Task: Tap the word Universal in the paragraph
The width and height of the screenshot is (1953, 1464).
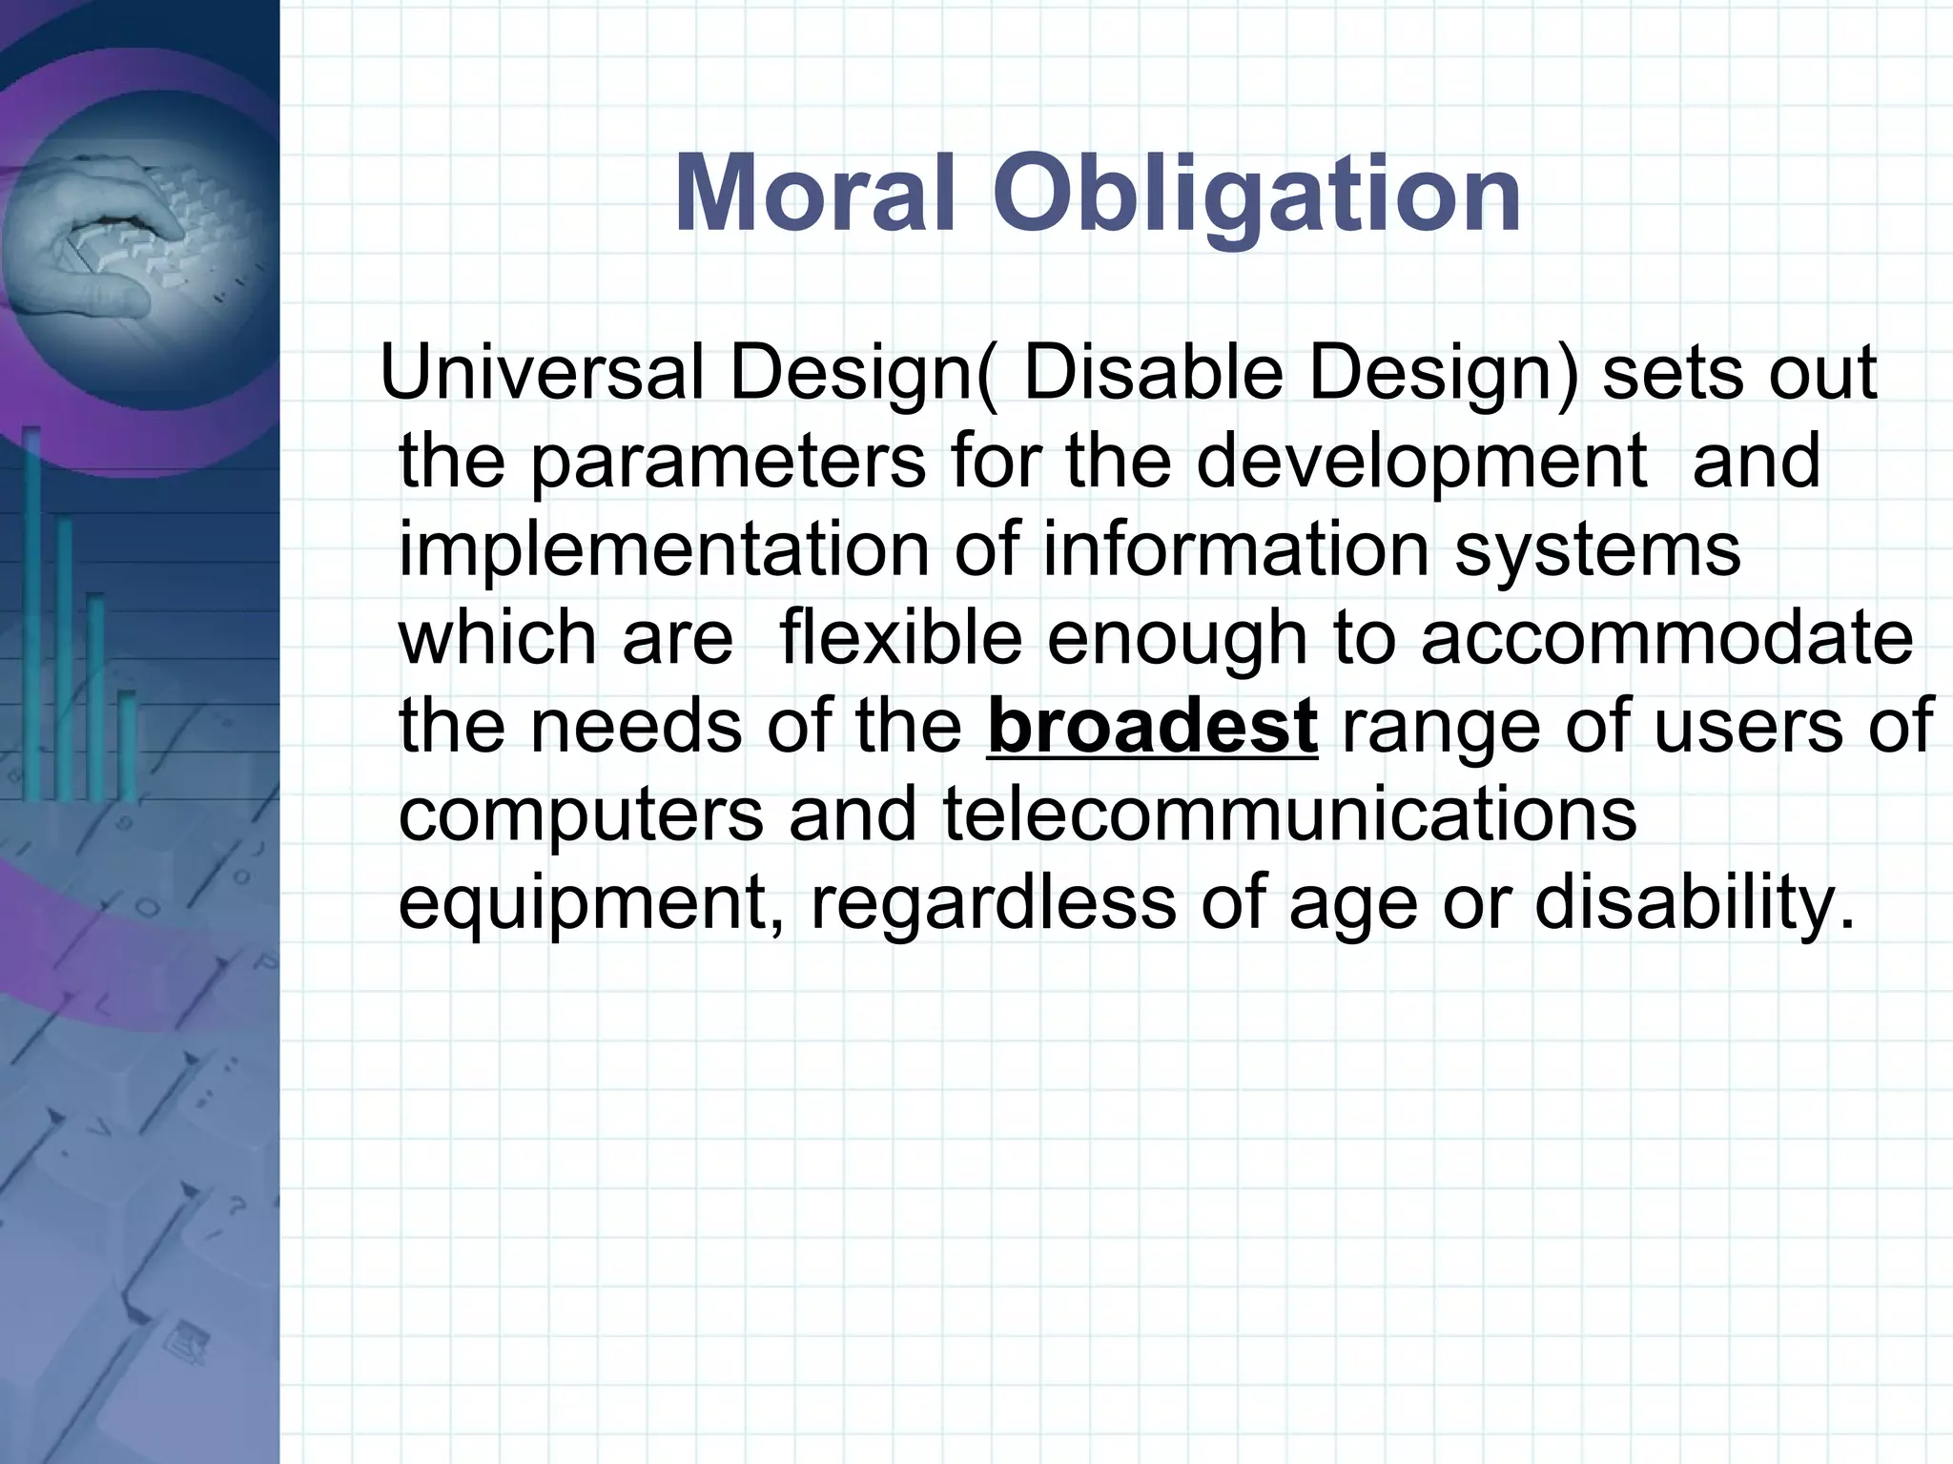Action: point(547,373)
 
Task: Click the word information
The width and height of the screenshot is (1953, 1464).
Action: point(1236,550)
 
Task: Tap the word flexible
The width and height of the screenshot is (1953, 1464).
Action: point(900,638)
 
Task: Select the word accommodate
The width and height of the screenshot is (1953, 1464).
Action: point(1667,638)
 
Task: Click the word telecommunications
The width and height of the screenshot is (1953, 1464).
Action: point(1289,814)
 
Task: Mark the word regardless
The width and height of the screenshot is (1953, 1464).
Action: point(993,903)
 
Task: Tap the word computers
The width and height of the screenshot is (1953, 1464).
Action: point(581,816)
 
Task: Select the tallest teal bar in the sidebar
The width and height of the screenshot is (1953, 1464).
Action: point(32,610)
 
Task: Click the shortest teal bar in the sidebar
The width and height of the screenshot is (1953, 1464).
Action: point(127,744)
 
